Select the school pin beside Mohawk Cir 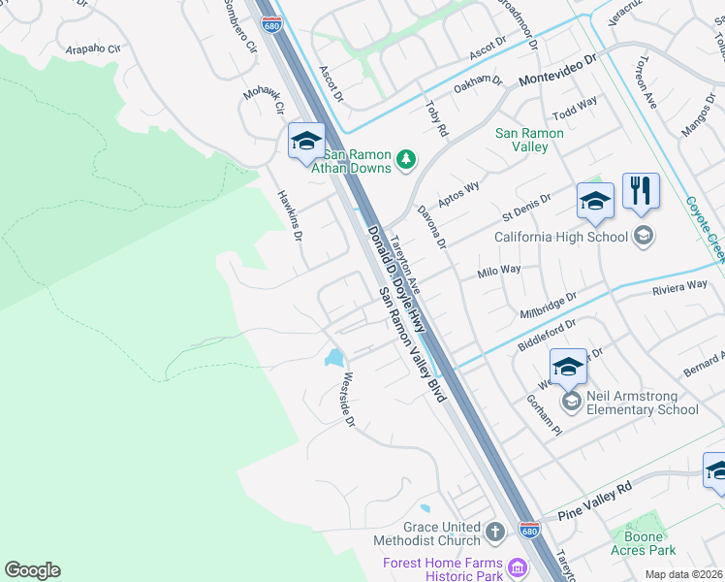tap(306, 142)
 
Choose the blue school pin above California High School tap(595, 202)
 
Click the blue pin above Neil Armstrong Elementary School tap(568, 368)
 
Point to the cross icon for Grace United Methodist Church tap(494, 532)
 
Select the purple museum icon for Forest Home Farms tap(518, 566)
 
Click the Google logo tap(33, 570)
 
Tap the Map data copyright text tap(684, 574)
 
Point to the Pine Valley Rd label tap(592, 500)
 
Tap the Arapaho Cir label tap(93, 48)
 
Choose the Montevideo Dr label tap(559, 71)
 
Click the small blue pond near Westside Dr tap(335, 358)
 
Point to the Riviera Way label tap(679, 286)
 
